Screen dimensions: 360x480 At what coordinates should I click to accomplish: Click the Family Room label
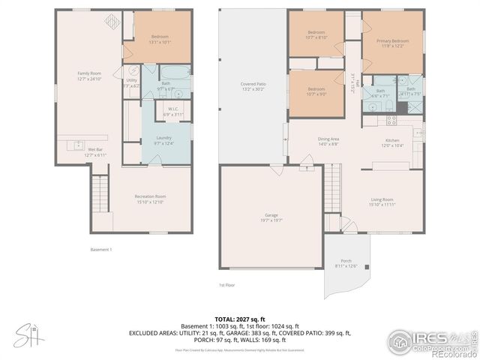[89, 76]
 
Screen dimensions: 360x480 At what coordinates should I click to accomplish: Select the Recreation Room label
[150, 199]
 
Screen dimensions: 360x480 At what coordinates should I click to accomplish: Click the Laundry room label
[163, 140]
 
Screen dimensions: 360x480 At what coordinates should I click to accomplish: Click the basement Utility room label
[131, 82]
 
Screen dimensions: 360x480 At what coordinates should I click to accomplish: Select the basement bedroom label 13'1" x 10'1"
[160, 40]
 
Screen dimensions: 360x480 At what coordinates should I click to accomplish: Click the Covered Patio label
[253, 86]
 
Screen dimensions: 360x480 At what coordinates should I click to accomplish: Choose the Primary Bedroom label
[392, 43]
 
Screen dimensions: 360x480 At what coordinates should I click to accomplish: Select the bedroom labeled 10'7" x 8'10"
[316, 34]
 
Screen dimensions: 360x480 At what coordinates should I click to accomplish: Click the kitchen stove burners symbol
[390, 120]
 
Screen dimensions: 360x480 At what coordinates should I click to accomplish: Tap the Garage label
[271, 217]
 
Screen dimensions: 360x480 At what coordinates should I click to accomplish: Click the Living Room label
[382, 202]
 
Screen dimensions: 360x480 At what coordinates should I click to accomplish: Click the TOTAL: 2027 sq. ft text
[239, 319]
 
